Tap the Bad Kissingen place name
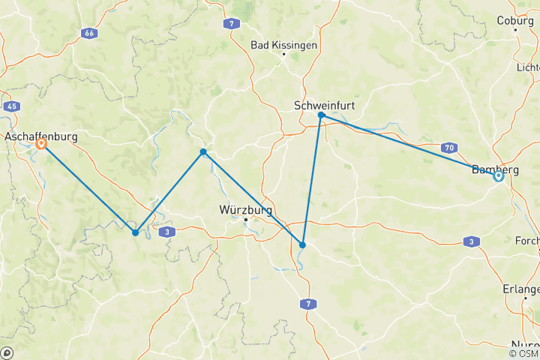pos(283,45)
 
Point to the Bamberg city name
pos(495,169)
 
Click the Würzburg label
pos(245,210)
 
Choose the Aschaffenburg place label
pos(40,137)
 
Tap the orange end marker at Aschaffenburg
pos(41,144)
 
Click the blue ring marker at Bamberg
pos(498,177)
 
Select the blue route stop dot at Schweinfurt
pos(321,115)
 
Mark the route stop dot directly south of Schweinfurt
pos(302,245)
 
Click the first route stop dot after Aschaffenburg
pos(135,232)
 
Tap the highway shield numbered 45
pos(10,106)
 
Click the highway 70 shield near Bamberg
pos(449,147)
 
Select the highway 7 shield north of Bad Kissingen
pos(234,24)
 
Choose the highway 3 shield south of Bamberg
pos(470,241)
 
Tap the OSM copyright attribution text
pos(523,353)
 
